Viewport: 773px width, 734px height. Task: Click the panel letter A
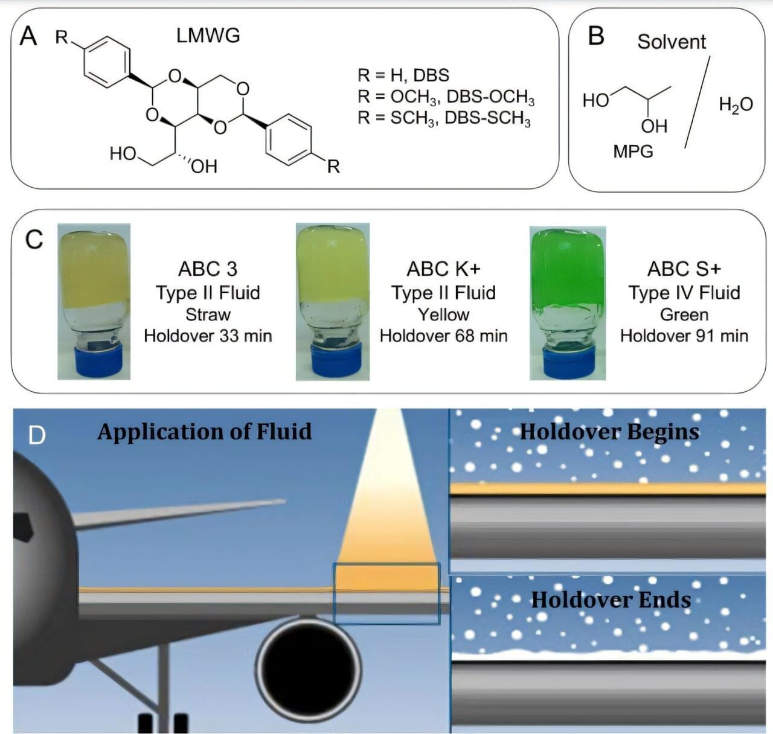(x=28, y=37)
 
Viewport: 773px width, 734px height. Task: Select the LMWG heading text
(x=208, y=36)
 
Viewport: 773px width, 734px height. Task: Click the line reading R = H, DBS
(x=403, y=75)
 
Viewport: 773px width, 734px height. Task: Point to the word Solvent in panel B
(x=671, y=42)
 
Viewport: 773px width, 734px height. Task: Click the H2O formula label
(x=736, y=105)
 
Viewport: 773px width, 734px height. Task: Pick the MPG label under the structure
(x=633, y=151)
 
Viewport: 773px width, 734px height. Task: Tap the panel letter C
(x=34, y=240)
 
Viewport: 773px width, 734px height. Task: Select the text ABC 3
(x=208, y=269)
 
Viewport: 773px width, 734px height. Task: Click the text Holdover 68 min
(x=443, y=336)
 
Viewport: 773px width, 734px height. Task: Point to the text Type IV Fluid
(x=684, y=293)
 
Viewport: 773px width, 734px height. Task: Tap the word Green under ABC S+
(x=684, y=314)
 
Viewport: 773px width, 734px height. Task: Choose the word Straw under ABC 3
(x=208, y=314)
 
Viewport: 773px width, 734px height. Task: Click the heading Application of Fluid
(x=204, y=432)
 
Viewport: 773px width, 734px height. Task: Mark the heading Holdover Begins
(x=609, y=432)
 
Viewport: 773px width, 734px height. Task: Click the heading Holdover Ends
(x=611, y=599)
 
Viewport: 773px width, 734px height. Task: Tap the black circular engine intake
(x=308, y=666)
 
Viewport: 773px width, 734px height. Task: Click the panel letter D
(x=37, y=435)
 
